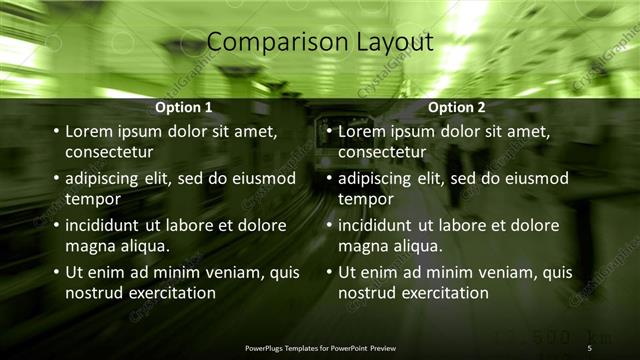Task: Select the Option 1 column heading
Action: tap(184, 107)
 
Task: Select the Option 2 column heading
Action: tap(456, 107)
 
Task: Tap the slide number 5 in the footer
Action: tap(589, 347)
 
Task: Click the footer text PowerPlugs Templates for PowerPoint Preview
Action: tap(320, 347)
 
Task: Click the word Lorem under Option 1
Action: tap(88, 131)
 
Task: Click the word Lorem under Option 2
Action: tap(361, 131)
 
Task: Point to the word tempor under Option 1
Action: tap(92, 199)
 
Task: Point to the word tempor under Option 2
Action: tap(365, 199)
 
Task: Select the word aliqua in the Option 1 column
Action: tap(144, 246)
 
